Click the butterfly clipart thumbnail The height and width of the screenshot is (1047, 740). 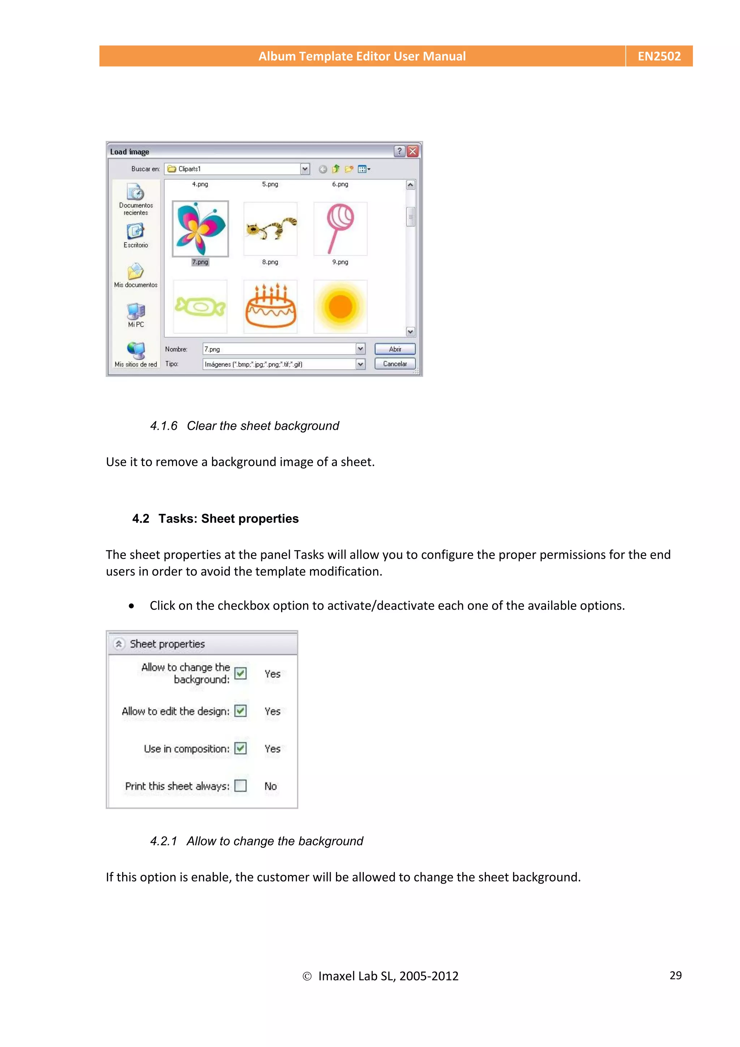[x=200, y=228]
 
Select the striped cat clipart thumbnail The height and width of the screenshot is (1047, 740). [x=270, y=228]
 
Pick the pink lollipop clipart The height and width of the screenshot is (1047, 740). [x=340, y=228]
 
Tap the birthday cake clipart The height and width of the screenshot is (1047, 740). [x=270, y=306]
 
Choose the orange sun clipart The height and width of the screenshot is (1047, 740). [x=340, y=306]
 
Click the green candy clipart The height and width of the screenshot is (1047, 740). [x=200, y=306]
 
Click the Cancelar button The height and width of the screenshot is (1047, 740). [x=395, y=364]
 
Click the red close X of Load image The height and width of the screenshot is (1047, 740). [x=413, y=151]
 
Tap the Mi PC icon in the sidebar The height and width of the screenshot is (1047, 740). [x=136, y=312]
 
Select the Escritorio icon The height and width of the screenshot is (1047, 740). [x=135, y=232]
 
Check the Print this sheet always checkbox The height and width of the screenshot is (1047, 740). [x=240, y=786]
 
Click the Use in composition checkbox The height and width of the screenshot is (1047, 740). [x=240, y=748]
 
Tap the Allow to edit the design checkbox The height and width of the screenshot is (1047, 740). [x=240, y=711]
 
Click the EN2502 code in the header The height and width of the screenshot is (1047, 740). [x=659, y=56]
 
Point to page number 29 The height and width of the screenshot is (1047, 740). [x=675, y=975]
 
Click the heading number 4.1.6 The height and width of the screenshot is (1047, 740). [x=164, y=426]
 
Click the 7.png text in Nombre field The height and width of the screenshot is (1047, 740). [x=212, y=349]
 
